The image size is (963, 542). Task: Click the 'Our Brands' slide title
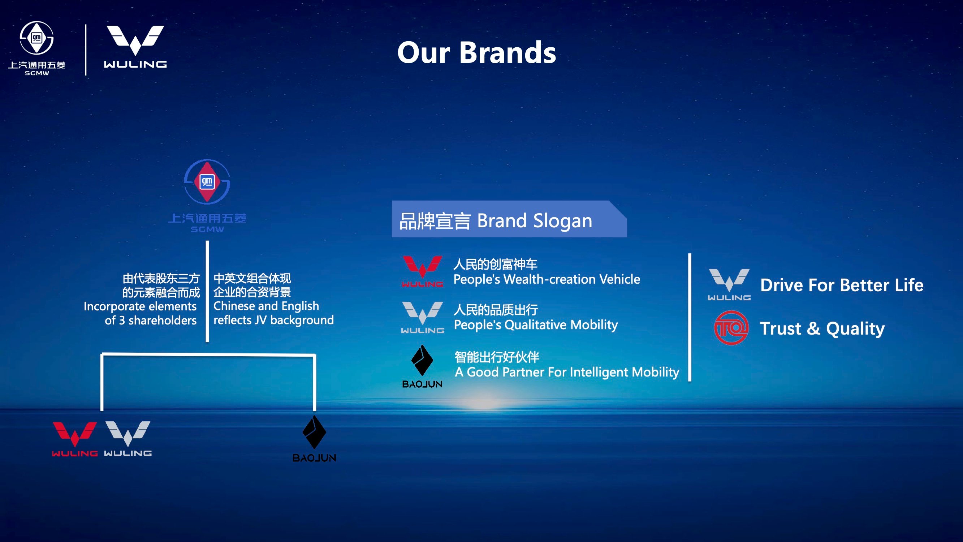pos(477,53)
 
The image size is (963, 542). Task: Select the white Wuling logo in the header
pos(135,47)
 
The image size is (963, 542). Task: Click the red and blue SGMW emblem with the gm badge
pos(207,182)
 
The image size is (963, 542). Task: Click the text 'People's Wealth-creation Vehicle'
pos(547,279)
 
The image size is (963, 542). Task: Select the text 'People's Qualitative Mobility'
pos(536,325)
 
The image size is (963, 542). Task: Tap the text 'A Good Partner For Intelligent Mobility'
pos(567,372)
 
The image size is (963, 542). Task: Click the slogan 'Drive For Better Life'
pos(842,285)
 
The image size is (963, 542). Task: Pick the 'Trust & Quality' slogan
pos(822,329)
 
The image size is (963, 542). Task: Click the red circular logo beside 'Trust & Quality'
pos(731,328)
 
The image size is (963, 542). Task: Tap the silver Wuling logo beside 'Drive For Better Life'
pos(729,284)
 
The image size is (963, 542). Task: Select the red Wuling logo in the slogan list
pos(422,272)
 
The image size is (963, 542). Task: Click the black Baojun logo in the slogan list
pos(422,366)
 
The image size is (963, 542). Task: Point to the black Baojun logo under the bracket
pos(314,438)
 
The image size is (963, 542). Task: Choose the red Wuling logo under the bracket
pos(75,439)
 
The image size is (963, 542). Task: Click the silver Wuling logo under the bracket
pos(128,438)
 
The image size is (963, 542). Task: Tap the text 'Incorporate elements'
pos(140,306)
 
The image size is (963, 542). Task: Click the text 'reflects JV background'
pos(274,320)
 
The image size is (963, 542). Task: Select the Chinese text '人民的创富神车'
pos(495,264)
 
